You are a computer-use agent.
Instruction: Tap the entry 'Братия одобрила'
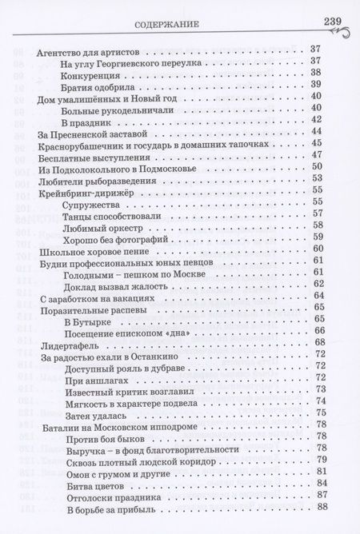(x=99, y=86)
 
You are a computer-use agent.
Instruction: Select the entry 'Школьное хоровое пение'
(x=90, y=261)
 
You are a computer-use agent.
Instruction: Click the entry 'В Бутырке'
(x=84, y=320)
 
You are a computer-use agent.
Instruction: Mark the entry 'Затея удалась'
(x=98, y=413)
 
